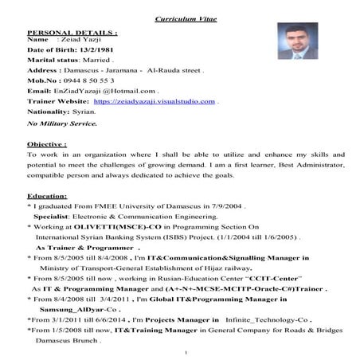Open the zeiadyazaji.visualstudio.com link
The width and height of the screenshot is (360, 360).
[x=154, y=102]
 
